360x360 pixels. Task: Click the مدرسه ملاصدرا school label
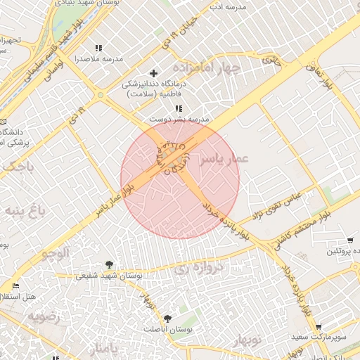click(x=98, y=60)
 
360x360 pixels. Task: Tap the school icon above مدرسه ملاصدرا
click(x=98, y=48)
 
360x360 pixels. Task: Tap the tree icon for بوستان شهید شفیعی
click(x=109, y=264)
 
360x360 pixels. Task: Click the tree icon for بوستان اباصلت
click(x=167, y=319)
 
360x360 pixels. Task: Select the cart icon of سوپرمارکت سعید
click(x=319, y=327)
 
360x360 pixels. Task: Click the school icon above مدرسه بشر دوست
click(x=179, y=108)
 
